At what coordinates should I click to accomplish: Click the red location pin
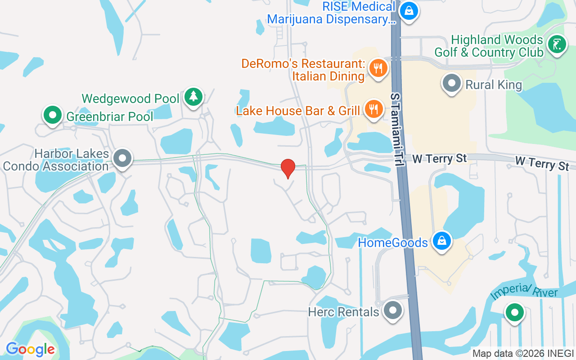pyautogui.click(x=288, y=168)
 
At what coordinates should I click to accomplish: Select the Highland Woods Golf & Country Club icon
pyautogui.click(x=557, y=44)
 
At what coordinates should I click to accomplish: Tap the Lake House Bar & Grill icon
pyautogui.click(x=373, y=109)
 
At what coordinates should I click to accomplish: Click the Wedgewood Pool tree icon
pyautogui.click(x=193, y=96)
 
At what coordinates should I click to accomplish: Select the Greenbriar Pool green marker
pyautogui.click(x=53, y=115)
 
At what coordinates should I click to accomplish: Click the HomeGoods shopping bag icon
pyautogui.click(x=442, y=241)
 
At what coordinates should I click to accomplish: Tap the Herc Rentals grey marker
pyautogui.click(x=393, y=310)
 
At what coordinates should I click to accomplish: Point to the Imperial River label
pyautogui.click(x=524, y=292)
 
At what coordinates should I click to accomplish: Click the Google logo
pyautogui.click(x=30, y=349)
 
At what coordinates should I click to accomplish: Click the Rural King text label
pyautogui.click(x=494, y=85)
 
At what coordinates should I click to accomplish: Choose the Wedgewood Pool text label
pyautogui.click(x=130, y=99)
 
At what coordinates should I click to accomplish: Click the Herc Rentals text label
pyautogui.click(x=343, y=312)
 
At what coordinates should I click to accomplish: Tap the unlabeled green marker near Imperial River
pyautogui.click(x=514, y=312)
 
